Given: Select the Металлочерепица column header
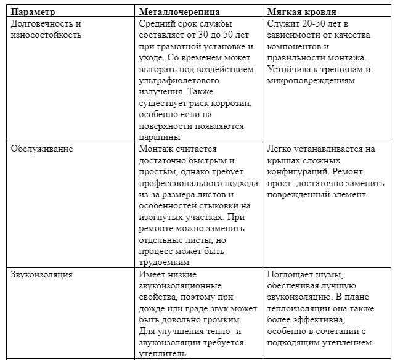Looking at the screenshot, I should [177, 12].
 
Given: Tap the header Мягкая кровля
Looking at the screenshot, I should [300, 12].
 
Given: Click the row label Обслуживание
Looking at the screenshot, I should [41, 149].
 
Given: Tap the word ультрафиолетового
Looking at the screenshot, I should [177, 80].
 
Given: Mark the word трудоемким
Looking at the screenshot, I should [165, 263].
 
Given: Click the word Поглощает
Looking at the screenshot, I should [292, 275].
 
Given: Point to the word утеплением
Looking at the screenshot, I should [345, 343].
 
